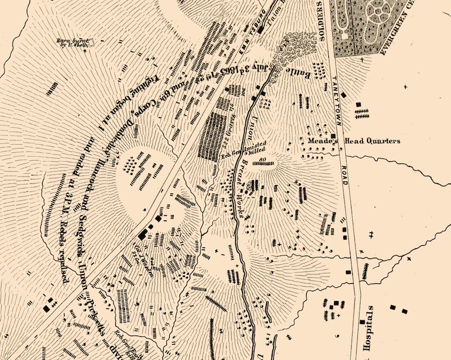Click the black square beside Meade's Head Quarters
coord(333,136)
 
